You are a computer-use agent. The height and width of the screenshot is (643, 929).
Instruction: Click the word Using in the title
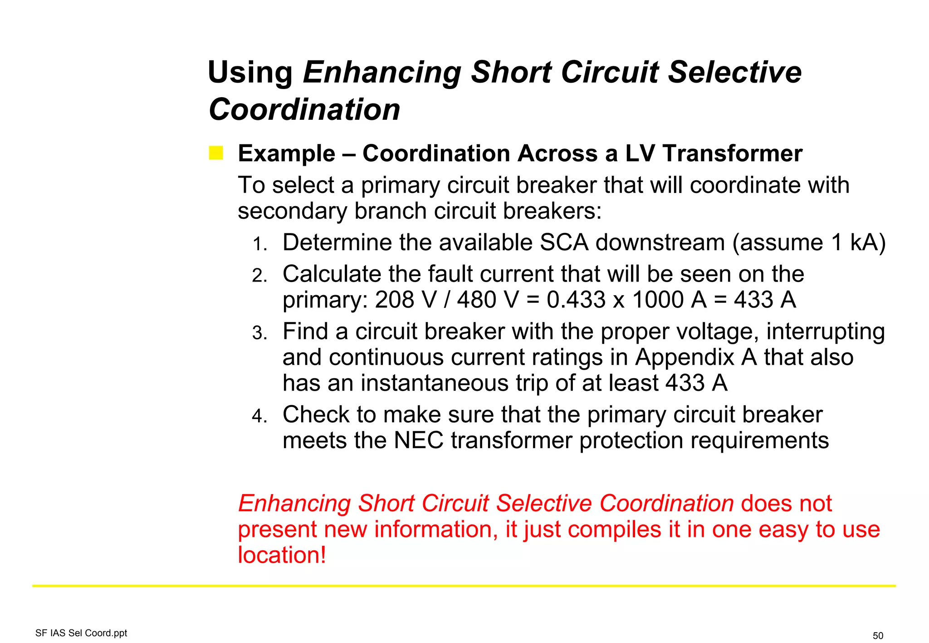pyautogui.click(x=250, y=73)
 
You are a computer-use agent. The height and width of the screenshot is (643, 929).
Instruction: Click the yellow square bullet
pyautogui.click(x=216, y=153)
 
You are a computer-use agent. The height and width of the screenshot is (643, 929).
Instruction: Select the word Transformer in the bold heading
pyautogui.click(x=732, y=153)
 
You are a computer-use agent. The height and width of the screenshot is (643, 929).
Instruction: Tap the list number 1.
pyautogui.click(x=259, y=244)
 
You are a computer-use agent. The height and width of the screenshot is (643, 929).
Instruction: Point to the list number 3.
pyautogui.click(x=259, y=334)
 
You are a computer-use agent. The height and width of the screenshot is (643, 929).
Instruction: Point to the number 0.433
pyautogui.click(x=576, y=300)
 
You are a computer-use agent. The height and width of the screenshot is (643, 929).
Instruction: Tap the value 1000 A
pyautogui.click(x=669, y=300)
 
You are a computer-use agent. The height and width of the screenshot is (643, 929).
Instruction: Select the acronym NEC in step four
pyautogui.click(x=418, y=441)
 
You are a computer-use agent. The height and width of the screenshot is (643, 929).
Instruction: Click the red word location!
pyautogui.click(x=282, y=555)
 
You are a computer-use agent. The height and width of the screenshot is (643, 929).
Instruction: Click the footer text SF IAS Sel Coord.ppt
pyautogui.click(x=81, y=633)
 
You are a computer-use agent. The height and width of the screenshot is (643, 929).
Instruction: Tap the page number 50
pyautogui.click(x=878, y=636)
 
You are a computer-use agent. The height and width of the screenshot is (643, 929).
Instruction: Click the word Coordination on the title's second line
pyautogui.click(x=304, y=110)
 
